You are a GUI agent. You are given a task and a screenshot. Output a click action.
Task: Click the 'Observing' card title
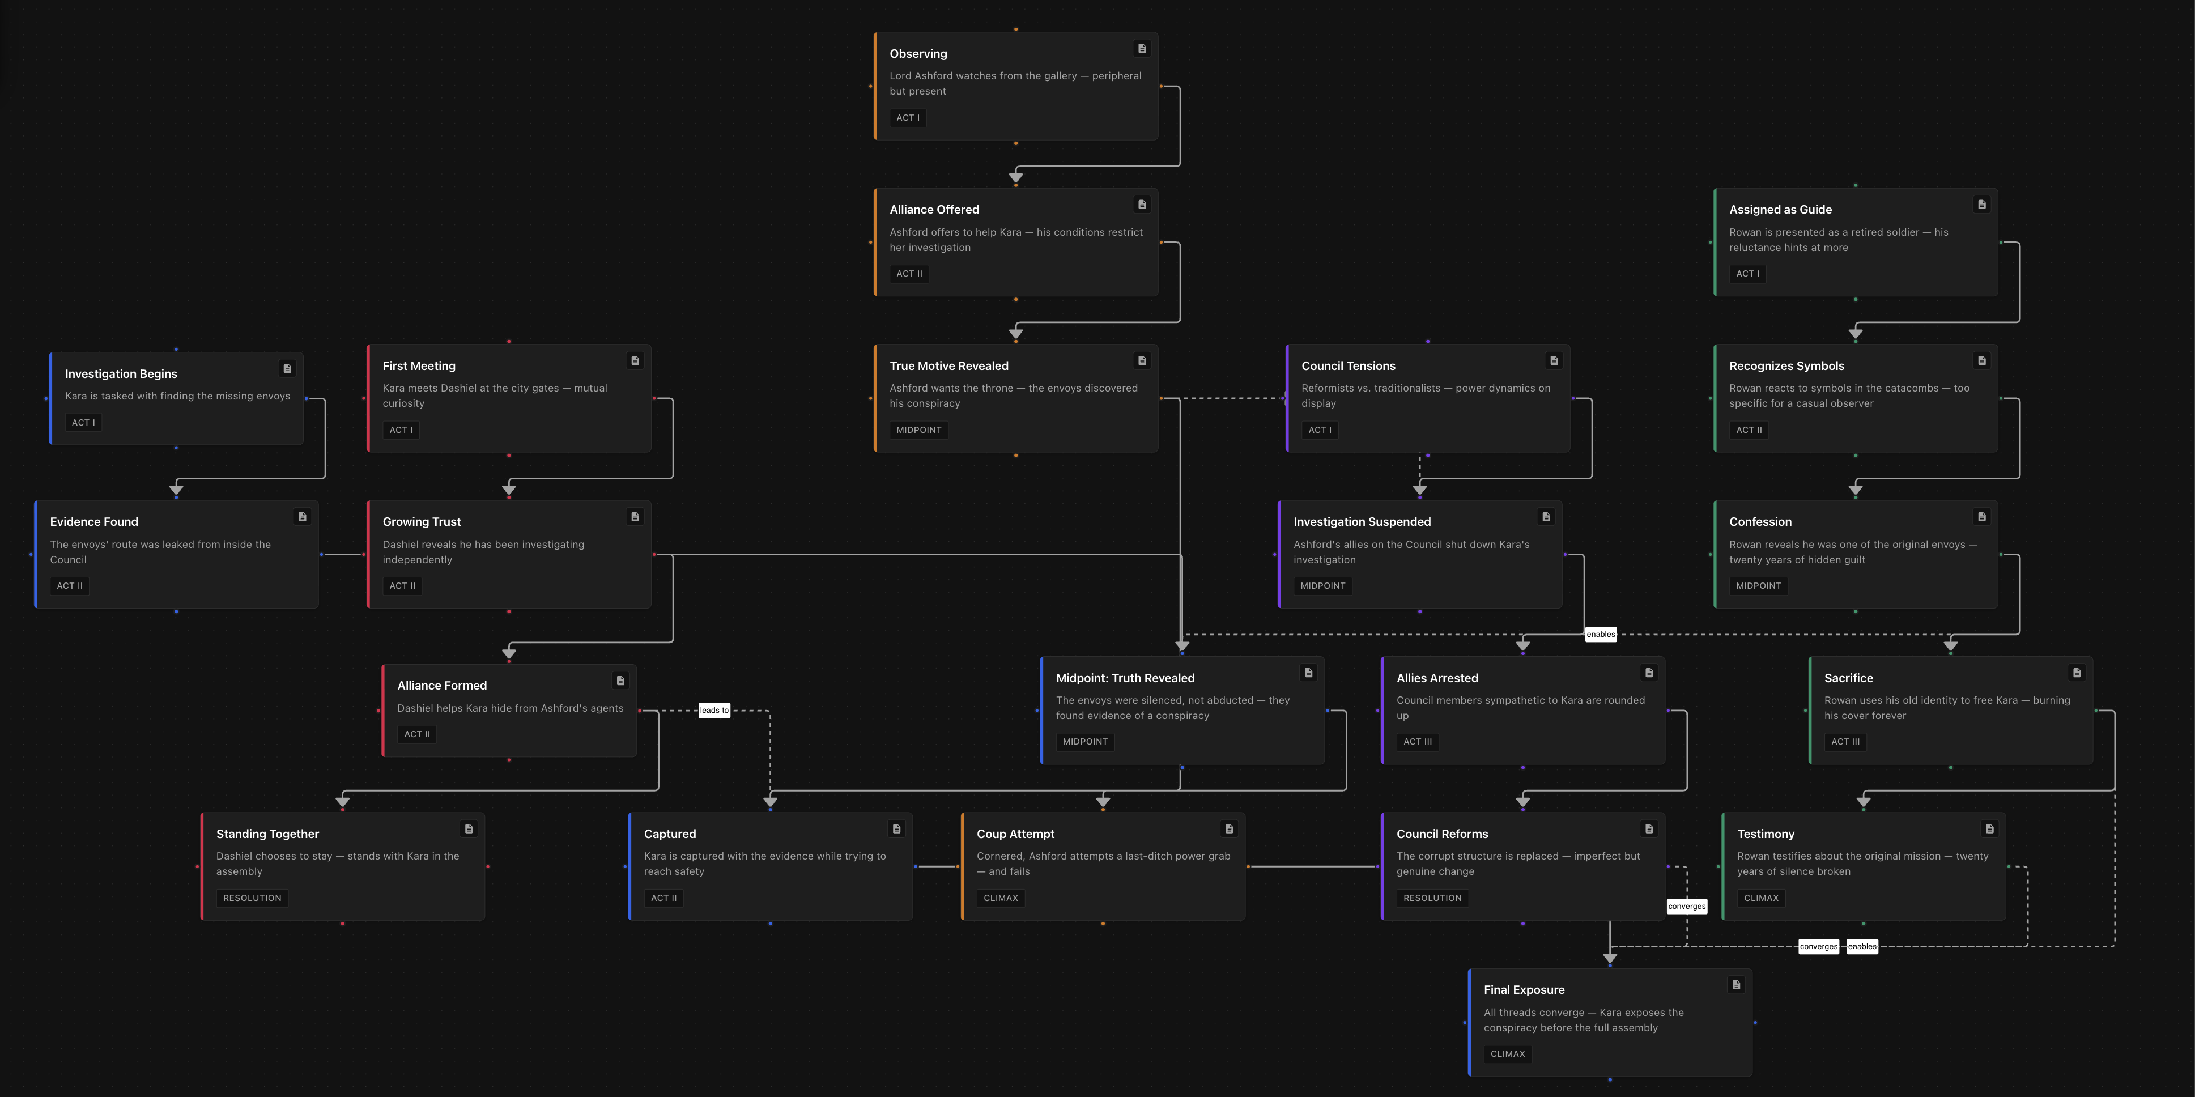pos(918,54)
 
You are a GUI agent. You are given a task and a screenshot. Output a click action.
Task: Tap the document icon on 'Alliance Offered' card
pos(1142,205)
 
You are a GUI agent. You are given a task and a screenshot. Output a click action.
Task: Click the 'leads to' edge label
pos(714,710)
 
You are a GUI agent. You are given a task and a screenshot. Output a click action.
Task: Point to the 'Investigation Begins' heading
pos(121,374)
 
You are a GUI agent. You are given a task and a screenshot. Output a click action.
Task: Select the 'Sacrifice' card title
pos(1848,678)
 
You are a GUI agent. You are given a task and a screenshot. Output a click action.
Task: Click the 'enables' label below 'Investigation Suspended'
pos(1600,634)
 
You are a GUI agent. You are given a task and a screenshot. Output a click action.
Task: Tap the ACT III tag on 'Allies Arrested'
pos(1417,742)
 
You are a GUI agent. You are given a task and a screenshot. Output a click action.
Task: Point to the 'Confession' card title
pos(1760,522)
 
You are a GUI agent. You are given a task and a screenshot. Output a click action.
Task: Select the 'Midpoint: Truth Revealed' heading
pos(1125,678)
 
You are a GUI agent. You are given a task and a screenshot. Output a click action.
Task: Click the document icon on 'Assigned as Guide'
pos(1981,205)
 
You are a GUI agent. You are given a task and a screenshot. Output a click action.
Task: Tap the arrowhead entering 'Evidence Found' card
pos(176,489)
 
